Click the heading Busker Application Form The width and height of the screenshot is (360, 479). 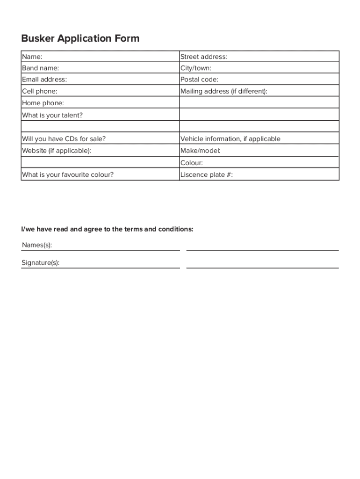(x=80, y=38)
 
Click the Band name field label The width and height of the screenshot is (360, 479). (x=40, y=68)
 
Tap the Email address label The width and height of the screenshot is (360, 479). (x=44, y=80)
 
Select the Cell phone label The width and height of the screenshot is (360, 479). (x=40, y=91)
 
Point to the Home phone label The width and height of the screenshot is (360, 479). (x=43, y=103)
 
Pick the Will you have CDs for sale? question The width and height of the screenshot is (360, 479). (x=64, y=139)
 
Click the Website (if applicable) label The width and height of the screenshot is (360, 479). (x=57, y=151)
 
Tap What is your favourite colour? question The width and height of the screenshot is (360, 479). (x=68, y=175)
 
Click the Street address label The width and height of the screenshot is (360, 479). (x=204, y=57)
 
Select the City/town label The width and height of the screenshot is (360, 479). (x=196, y=68)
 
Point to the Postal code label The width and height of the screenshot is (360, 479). (x=199, y=80)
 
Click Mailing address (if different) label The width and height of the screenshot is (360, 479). (x=224, y=91)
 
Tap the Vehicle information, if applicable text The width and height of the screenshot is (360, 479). (x=230, y=139)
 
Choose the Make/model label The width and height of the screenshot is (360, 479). (x=201, y=151)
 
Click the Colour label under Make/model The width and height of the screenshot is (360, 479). (x=192, y=163)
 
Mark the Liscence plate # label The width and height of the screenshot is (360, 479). (x=207, y=175)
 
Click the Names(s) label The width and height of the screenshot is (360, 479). (x=37, y=245)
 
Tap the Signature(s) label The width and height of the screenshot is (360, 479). (x=40, y=263)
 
